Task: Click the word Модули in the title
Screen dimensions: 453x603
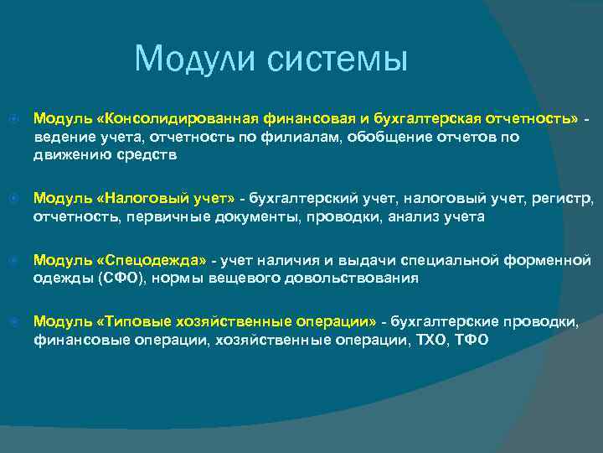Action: (195, 59)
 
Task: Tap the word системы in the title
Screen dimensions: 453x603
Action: (337, 59)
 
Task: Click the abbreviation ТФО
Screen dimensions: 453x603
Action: (472, 341)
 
